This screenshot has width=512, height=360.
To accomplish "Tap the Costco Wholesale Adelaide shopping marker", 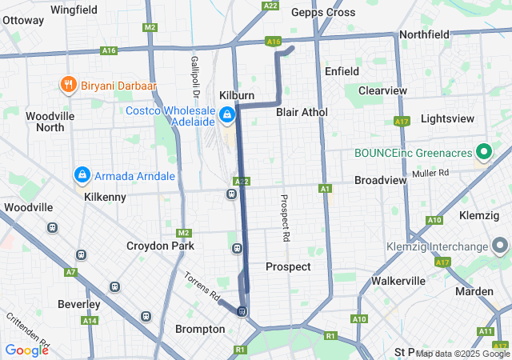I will pyautogui.click(x=227, y=115).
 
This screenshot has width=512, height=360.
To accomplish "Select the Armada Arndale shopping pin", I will pyautogui.click(x=82, y=174).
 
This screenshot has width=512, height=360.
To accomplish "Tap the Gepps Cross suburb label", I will pyautogui.click(x=323, y=12).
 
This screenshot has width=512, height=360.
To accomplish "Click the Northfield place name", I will pyautogui.click(x=425, y=35).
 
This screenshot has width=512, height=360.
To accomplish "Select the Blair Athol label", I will pyautogui.click(x=302, y=112).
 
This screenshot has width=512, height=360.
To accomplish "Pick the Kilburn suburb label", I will pyautogui.click(x=237, y=95).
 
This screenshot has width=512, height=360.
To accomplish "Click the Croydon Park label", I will pyautogui.click(x=160, y=246).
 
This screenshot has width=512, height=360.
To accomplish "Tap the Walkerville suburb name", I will pyautogui.click(x=398, y=281).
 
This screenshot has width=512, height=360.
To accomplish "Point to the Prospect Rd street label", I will pyautogui.click(x=284, y=218).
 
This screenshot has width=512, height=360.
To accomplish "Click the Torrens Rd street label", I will pyautogui.click(x=202, y=286).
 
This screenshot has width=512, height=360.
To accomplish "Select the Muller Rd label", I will pyautogui.click(x=431, y=173).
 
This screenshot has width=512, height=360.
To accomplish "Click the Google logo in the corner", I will pyautogui.click(x=26, y=350).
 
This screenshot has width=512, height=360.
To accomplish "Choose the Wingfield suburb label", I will pyautogui.click(x=74, y=10).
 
